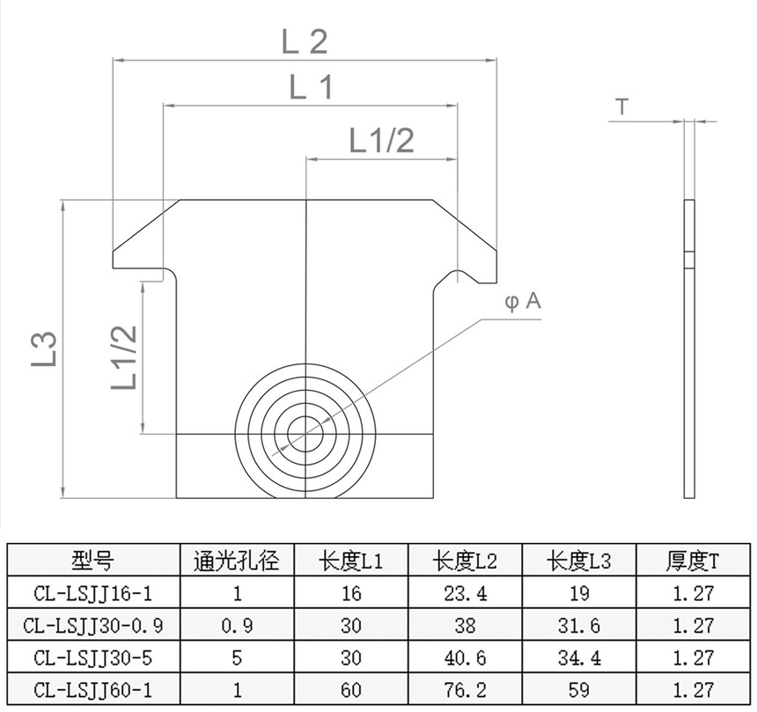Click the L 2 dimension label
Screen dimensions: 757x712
pyautogui.click(x=305, y=41)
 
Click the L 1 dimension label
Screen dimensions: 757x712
pyautogui.click(x=312, y=87)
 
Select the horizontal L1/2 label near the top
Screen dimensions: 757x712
pyautogui.click(x=381, y=141)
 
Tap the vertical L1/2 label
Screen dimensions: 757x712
pyautogui.click(x=125, y=357)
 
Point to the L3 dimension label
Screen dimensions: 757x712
pyautogui.click(x=45, y=349)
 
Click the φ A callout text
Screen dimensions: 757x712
pyautogui.click(x=523, y=302)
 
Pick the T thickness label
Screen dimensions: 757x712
pyautogui.click(x=623, y=106)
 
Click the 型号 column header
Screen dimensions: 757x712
pyautogui.click(x=93, y=561)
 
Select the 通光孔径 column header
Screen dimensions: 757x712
pyautogui.click(x=237, y=561)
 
